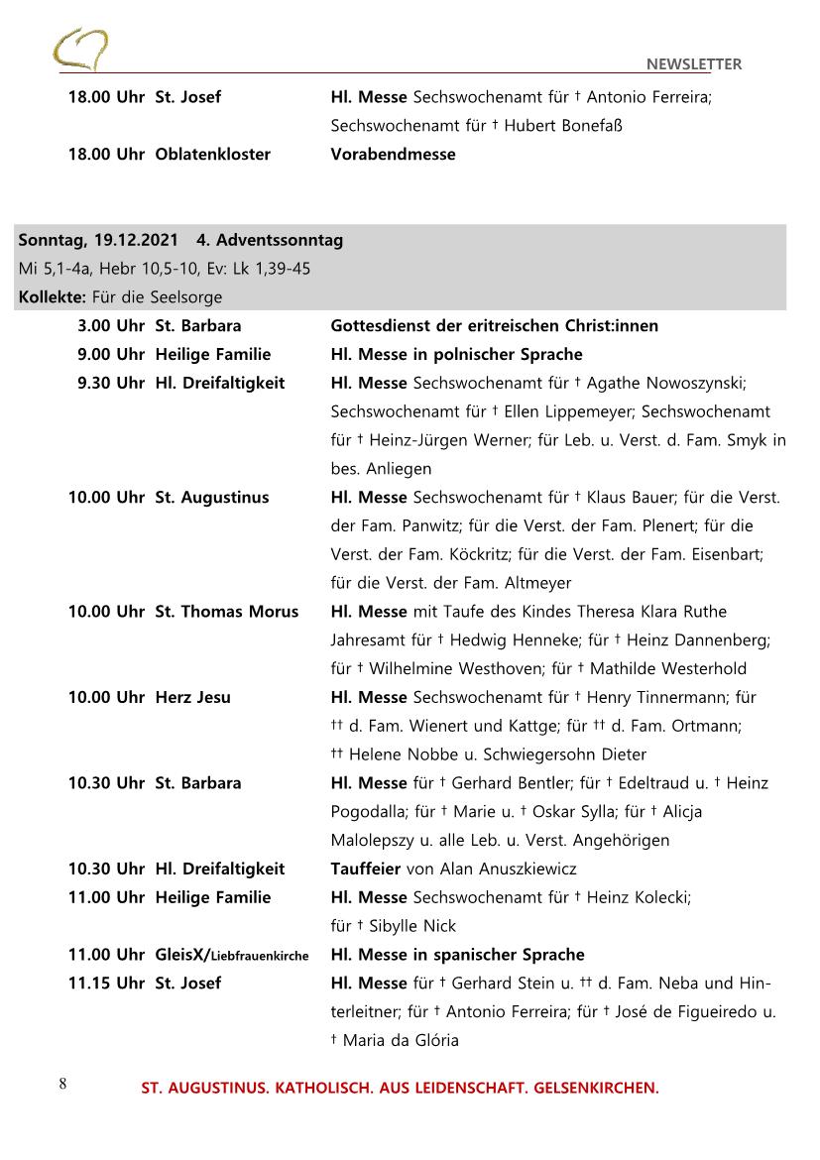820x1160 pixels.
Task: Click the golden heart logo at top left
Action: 81,50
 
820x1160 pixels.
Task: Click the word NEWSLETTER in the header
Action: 693,64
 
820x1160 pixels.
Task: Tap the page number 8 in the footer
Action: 62,1083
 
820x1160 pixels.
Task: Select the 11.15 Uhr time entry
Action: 105,984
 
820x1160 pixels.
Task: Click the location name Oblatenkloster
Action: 212,155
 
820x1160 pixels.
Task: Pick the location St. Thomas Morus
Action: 226,612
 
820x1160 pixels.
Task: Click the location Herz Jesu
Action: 192,697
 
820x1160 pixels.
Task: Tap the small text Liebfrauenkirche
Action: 260,956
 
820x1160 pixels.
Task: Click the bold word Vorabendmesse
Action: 393,155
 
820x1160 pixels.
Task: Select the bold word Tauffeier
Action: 365,870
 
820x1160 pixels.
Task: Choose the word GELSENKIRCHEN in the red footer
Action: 596,1089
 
